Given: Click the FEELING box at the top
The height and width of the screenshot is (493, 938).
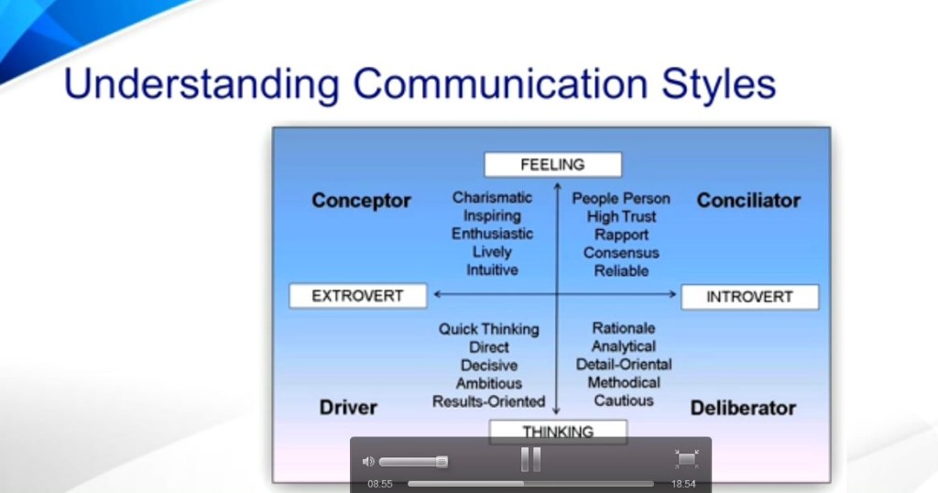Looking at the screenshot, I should [552, 165].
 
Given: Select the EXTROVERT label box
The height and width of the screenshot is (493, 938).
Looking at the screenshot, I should [358, 296].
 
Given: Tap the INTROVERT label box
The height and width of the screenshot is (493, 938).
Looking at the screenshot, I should [749, 297].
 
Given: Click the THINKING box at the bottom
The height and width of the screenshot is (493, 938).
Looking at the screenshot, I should [558, 432].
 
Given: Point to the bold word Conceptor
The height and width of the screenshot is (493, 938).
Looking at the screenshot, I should [361, 201].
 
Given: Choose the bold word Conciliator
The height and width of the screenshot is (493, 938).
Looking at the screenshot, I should [748, 201].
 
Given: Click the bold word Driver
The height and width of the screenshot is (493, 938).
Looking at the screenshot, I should [348, 408].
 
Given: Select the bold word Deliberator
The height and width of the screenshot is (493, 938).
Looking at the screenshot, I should [743, 408].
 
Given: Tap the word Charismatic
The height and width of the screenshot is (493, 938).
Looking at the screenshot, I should [492, 198].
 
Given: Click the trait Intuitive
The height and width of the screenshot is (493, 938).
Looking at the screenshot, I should [492, 270].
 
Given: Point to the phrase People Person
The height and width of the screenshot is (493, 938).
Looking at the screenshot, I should [621, 199].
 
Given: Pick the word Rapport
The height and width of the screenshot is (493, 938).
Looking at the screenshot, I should [621, 235].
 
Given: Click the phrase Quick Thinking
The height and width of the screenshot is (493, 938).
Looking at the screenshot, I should [489, 329].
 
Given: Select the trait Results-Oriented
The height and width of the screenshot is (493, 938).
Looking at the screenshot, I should [489, 401].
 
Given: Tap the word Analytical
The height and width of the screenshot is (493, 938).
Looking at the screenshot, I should [624, 346].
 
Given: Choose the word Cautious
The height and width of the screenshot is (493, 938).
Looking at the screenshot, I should [624, 400].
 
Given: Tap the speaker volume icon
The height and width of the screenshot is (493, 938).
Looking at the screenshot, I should [368, 462].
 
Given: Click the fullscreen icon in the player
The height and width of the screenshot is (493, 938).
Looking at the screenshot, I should [686, 460].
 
